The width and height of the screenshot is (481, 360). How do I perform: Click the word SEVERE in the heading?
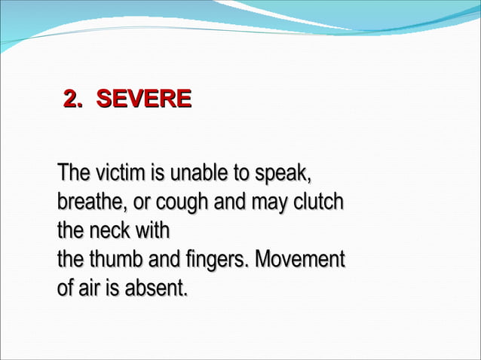[x=144, y=99]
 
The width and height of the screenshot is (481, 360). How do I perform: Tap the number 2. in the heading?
[x=73, y=99]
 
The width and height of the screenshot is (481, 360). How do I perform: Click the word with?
[x=153, y=230]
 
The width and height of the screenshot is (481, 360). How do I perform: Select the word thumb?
[x=116, y=260]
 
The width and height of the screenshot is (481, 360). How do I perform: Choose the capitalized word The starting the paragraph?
[x=75, y=173]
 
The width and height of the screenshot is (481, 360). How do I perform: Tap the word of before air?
[x=66, y=288]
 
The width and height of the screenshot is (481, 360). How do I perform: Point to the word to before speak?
[x=241, y=173]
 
